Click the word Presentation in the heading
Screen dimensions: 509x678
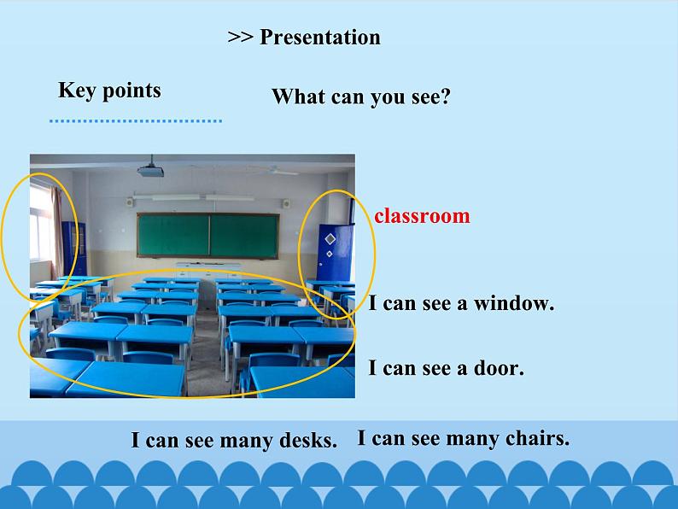(319, 38)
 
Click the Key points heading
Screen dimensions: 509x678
(109, 91)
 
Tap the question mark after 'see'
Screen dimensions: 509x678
(445, 97)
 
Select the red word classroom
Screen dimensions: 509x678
(422, 216)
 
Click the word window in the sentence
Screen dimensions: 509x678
(513, 303)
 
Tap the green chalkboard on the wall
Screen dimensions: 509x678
(208, 235)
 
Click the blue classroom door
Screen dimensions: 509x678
(334, 252)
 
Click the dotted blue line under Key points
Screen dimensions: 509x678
(135, 121)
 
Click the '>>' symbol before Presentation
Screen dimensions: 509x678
(240, 38)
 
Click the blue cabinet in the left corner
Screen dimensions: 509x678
(68, 249)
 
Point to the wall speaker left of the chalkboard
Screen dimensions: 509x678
(129, 203)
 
